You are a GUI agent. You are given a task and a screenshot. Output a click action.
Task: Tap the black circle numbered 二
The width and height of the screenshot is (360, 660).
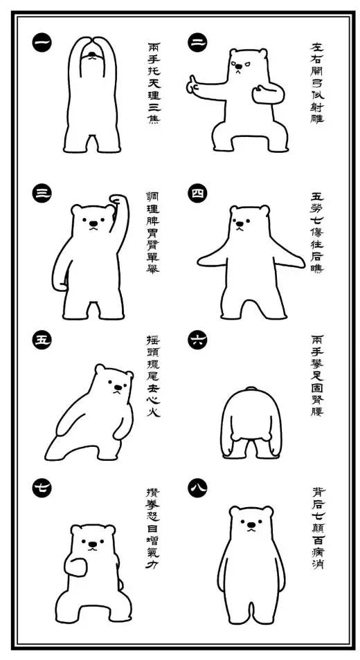pyautogui.click(x=197, y=43)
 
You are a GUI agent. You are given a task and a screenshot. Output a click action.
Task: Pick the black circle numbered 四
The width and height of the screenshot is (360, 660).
pyautogui.click(x=197, y=194)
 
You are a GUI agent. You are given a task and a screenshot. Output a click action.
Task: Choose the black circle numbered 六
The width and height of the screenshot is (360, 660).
pyautogui.click(x=197, y=340)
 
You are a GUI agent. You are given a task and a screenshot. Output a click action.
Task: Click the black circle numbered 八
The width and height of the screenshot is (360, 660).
pyautogui.click(x=197, y=490)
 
